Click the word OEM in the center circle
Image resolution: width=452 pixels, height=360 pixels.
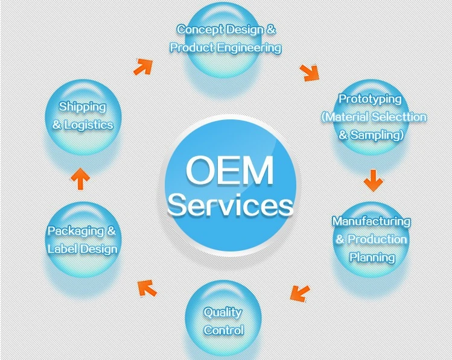(229, 170)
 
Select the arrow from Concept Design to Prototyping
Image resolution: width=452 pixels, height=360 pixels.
(310, 73)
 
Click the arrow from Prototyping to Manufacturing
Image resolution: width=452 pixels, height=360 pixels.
(374, 180)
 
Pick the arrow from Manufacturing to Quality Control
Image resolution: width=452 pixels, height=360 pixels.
(300, 293)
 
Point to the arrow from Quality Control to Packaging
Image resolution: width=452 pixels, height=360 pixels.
(147, 288)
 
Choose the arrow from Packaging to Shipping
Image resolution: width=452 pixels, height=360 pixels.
(80, 179)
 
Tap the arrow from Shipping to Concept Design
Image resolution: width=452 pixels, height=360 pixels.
(143, 67)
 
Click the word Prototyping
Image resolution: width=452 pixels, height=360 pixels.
(370, 99)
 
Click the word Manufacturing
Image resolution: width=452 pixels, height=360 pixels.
(371, 221)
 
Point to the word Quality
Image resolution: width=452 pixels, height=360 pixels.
(223, 313)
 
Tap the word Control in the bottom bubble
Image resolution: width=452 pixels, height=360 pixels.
(224, 330)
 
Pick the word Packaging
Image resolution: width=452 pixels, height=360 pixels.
(76, 232)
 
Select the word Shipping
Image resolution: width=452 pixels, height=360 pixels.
(83, 107)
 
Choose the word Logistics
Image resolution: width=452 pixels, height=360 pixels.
(89, 125)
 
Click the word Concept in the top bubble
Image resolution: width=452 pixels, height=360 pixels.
(200, 30)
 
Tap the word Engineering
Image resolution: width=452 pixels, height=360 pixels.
(249, 48)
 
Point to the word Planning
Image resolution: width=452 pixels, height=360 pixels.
(372, 257)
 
